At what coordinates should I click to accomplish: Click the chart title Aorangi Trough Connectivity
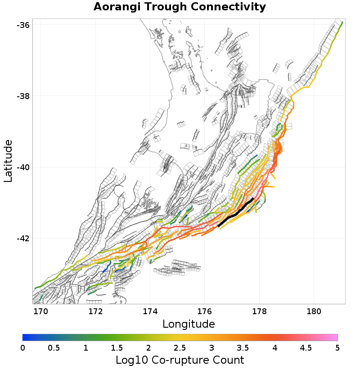180,7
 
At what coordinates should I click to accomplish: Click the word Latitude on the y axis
8,161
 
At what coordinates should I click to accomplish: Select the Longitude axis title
189,324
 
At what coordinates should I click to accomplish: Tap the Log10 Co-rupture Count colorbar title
180,360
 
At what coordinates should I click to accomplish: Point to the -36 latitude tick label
23,25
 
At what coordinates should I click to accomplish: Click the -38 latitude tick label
23,96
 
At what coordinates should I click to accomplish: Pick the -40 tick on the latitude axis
23,167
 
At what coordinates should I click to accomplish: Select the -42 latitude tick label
23,239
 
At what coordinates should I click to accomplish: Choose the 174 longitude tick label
150,311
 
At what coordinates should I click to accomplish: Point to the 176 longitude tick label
205,311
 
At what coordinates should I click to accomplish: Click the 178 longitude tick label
259,311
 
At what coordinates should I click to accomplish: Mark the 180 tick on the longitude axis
314,311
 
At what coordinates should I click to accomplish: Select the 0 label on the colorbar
22,348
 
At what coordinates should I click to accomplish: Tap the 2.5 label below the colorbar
180,348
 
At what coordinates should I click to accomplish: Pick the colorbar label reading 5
337,348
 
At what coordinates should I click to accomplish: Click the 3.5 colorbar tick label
243,348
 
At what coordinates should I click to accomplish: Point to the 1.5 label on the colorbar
117,348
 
